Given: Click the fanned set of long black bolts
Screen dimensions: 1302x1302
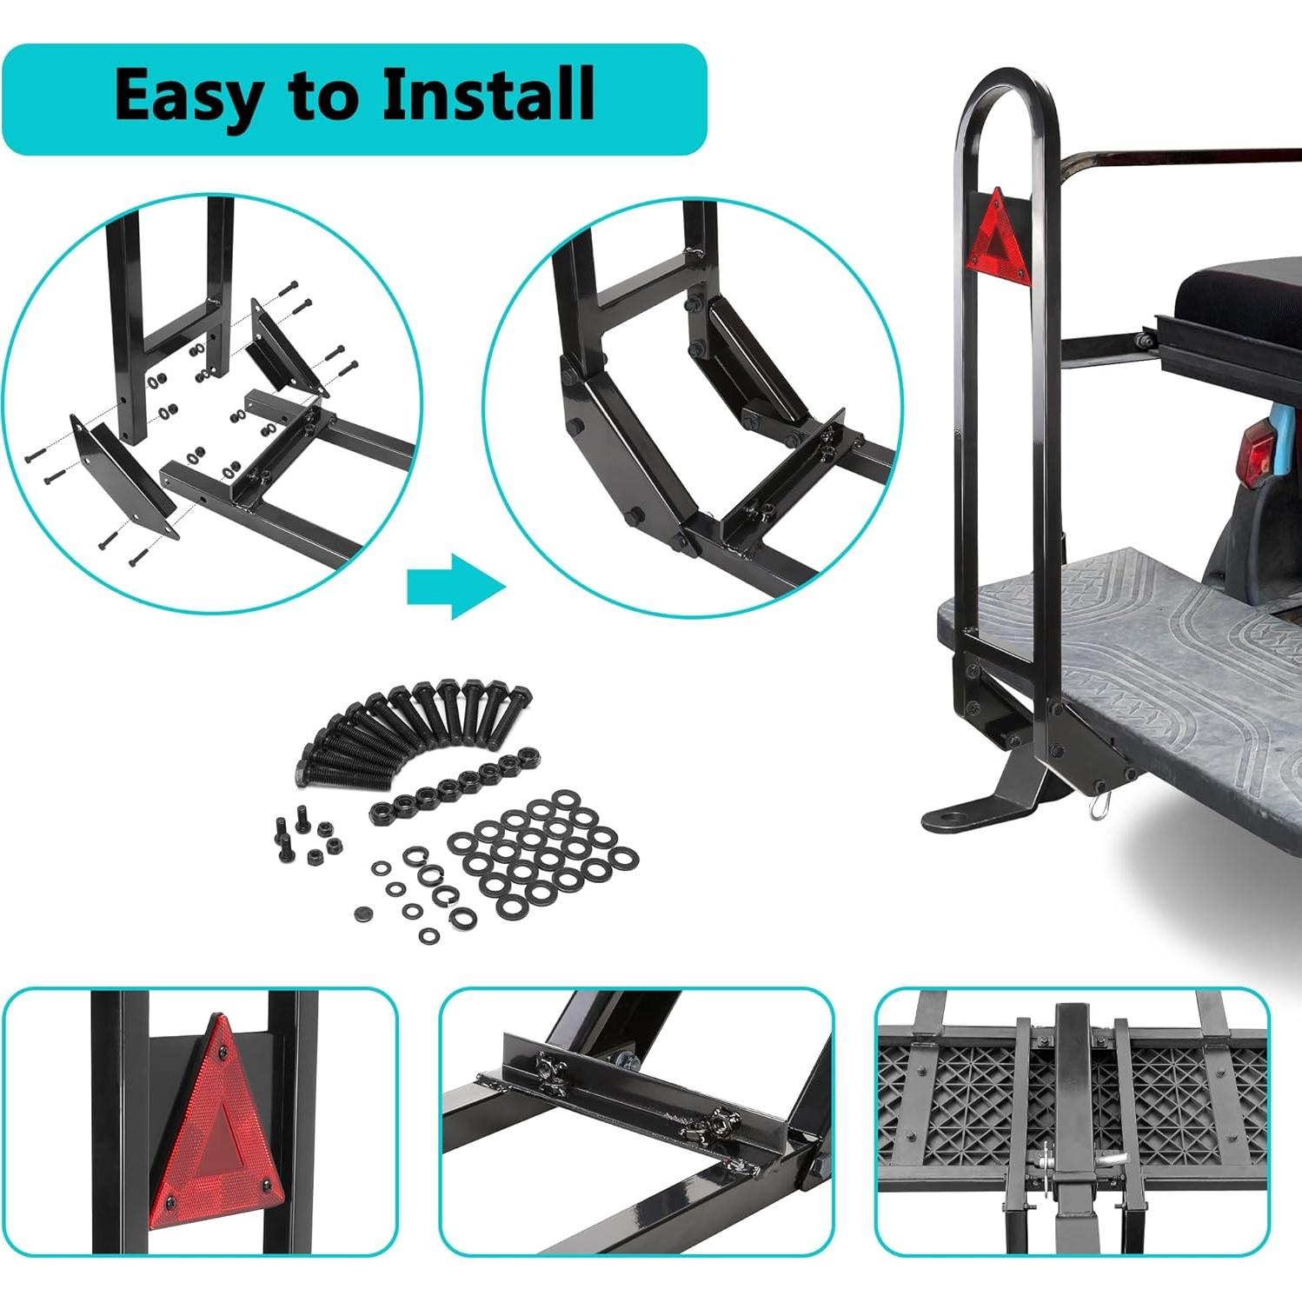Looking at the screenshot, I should (409, 730).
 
